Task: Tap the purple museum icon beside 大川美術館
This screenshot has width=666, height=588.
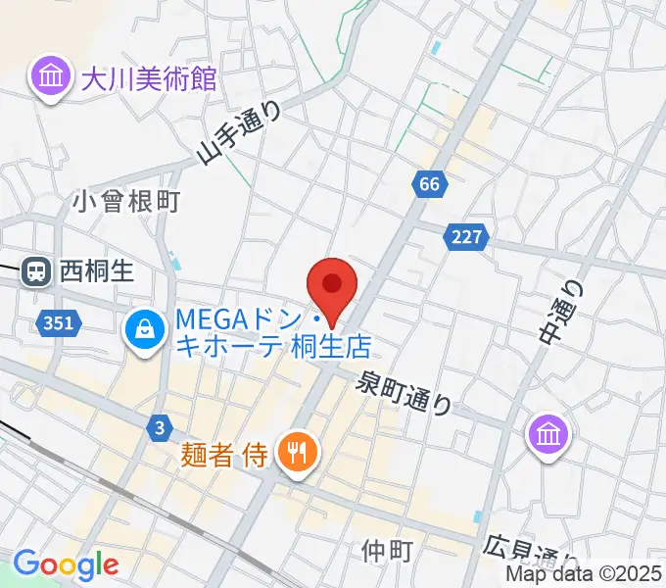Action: [49, 77]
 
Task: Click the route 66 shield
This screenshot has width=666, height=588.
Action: [428, 183]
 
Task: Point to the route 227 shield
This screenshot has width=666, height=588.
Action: [465, 237]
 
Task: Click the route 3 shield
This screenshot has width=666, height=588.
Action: [160, 425]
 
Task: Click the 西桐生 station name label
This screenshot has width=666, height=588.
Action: [96, 269]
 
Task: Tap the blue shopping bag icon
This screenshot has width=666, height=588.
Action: [144, 331]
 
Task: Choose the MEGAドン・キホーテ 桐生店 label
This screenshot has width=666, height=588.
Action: [273, 333]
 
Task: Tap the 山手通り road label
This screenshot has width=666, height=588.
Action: [239, 133]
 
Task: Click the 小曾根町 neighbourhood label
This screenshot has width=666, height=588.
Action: [127, 202]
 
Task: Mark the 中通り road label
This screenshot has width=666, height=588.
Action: [559, 309]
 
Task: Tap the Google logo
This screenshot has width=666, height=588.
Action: [66, 563]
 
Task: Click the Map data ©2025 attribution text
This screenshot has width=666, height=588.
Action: [584, 575]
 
